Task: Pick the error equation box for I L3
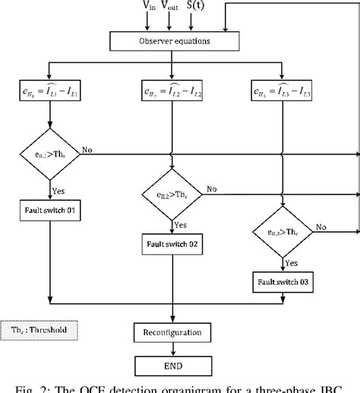pos(283,92)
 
